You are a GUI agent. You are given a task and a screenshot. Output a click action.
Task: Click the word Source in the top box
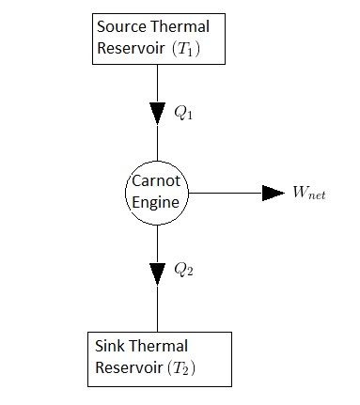coord(119,26)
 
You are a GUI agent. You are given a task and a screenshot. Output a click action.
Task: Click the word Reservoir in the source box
coord(130,47)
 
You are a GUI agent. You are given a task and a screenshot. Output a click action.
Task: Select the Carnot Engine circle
coord(157,192)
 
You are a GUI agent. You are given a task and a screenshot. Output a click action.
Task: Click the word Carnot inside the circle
coord(157,182)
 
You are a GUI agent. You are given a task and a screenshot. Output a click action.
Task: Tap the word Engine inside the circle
coord(157,201)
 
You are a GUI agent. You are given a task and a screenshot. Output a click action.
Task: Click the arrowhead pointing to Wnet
coord(273,193)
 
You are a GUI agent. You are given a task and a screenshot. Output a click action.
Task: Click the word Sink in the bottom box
coord(108,346)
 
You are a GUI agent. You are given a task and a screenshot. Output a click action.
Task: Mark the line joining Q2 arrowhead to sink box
coord(157,308)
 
